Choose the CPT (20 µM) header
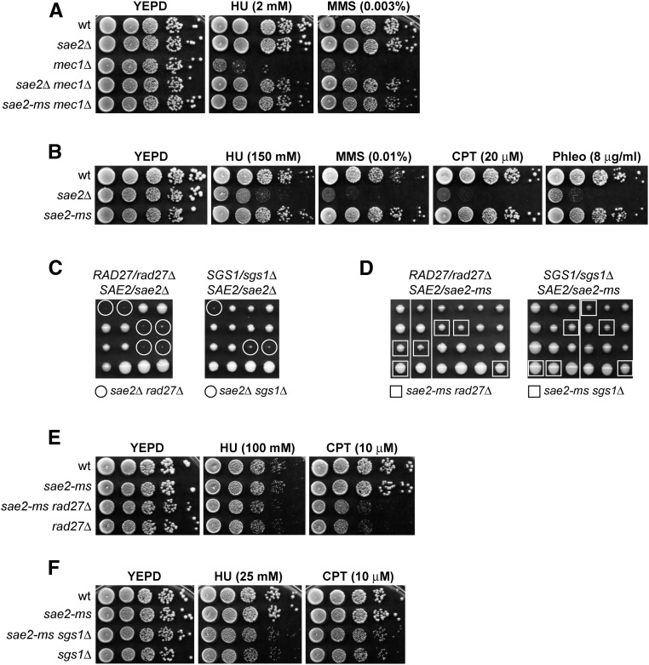(481, 157)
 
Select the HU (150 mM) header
(261, 157)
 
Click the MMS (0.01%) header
(371, 157)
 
